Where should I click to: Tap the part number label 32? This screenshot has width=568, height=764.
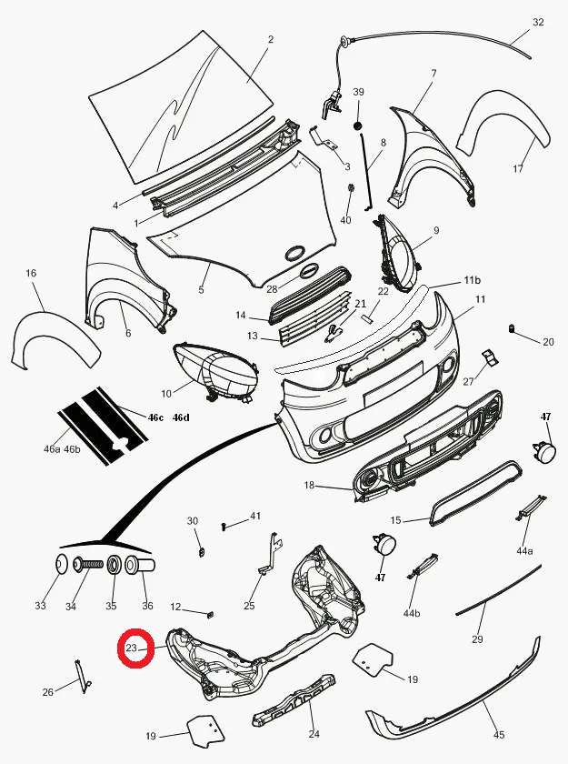pyautogui.click(x=538, y=22)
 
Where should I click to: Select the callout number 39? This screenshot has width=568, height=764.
pyautogui.click(x=358, y=92)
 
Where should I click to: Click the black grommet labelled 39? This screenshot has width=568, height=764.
pyautogui.click(x=358, y=126)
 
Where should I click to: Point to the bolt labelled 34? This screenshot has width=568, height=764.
pyautogui.click(x=87, y=565)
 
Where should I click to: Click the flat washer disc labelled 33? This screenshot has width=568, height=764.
pyautogui.click(x=60, y=565)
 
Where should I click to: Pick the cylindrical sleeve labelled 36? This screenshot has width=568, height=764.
pyautogui.click(x=140, y=565)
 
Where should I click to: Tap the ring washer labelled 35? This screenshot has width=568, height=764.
pyautogui.click(x=114, y=565)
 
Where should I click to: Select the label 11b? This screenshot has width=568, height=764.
pyautogui.click(x=472, y=280)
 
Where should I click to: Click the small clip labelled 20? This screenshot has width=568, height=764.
pyautogui.click(x=513, y=329)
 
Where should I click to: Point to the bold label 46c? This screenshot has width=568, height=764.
pyautogui.click(x=155, y=417)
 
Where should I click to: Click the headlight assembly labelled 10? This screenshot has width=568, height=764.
pyautogui.click(x=215, y=371)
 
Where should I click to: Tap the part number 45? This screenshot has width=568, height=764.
pyautogui.click(x=499, y=734)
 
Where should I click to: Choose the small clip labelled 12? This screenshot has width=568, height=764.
pyautogui.click(x=211, y=614)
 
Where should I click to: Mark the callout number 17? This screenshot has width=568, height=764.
pyautogui.click(x=518, y=168)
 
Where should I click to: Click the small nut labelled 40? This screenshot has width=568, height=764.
pyautogui.click(x=351, y=188)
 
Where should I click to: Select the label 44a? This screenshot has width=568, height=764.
pyautogui.click(x=524, y=551)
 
